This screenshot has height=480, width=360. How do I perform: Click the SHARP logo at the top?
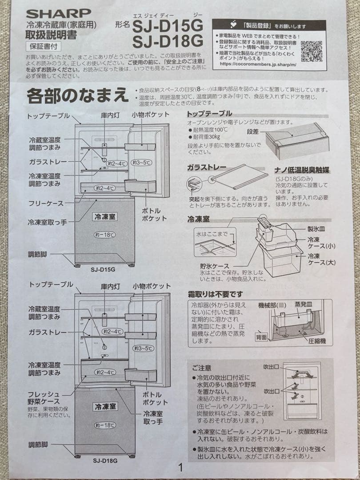58,13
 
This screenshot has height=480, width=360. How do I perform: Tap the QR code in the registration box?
311,51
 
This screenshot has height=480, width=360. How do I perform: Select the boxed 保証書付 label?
43,45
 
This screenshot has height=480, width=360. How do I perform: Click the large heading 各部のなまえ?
77,96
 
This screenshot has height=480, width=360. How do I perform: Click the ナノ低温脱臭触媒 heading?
304,170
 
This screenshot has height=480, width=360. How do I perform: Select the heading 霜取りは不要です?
216,294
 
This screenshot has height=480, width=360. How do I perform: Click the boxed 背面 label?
261,337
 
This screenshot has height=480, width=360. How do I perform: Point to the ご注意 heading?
201,368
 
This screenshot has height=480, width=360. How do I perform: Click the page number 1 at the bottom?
180,467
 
